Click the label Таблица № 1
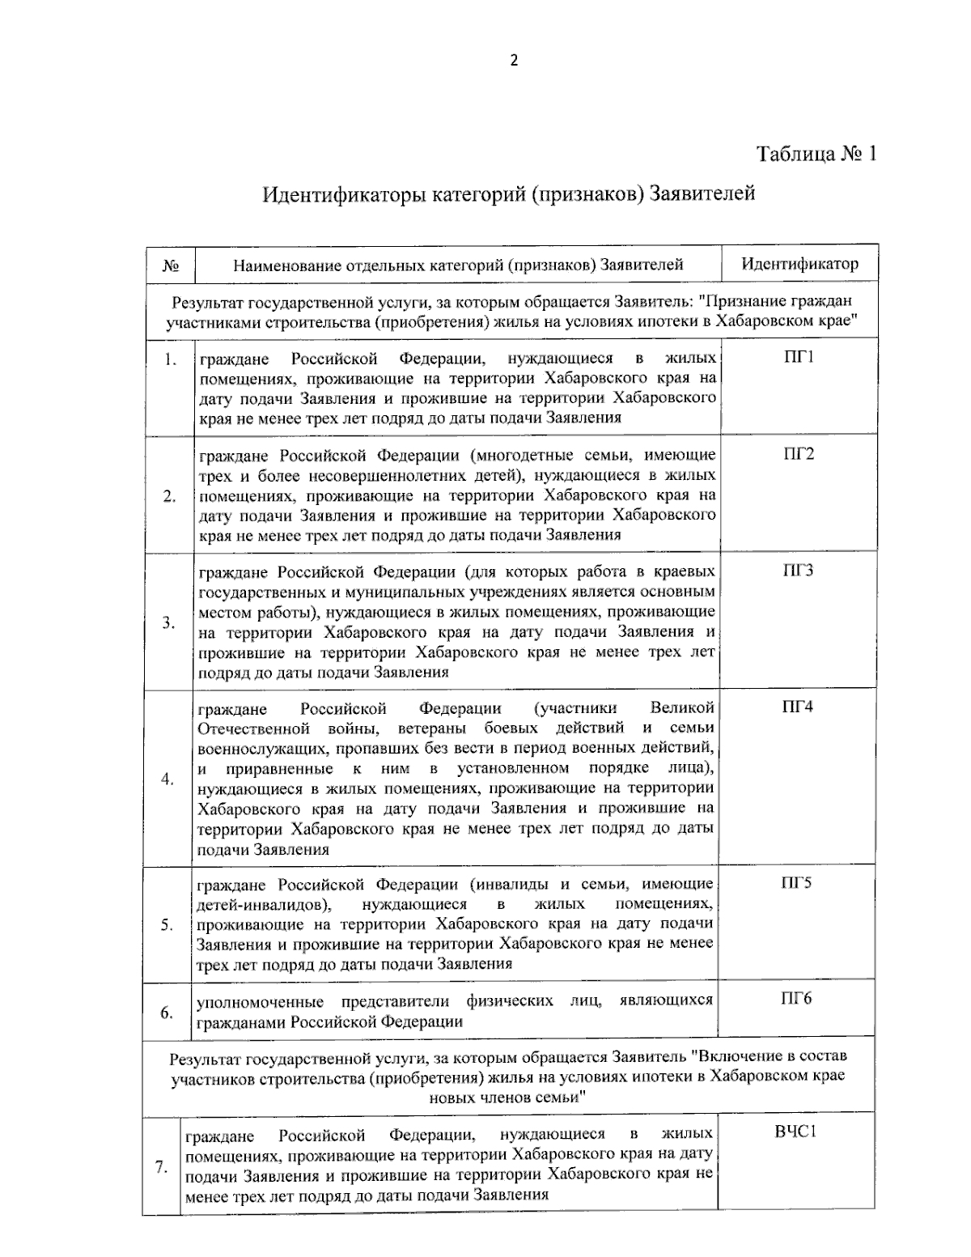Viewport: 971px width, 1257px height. pos(816,154)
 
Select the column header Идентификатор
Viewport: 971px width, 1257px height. pos(799,264)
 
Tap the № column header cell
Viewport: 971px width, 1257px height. pos(171,265)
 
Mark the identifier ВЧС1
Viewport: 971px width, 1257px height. pos(795,1132)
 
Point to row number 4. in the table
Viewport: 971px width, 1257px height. pos(167,779)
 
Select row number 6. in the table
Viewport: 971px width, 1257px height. pos(167,1013)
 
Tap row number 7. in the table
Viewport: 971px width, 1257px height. pos(161,1167)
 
